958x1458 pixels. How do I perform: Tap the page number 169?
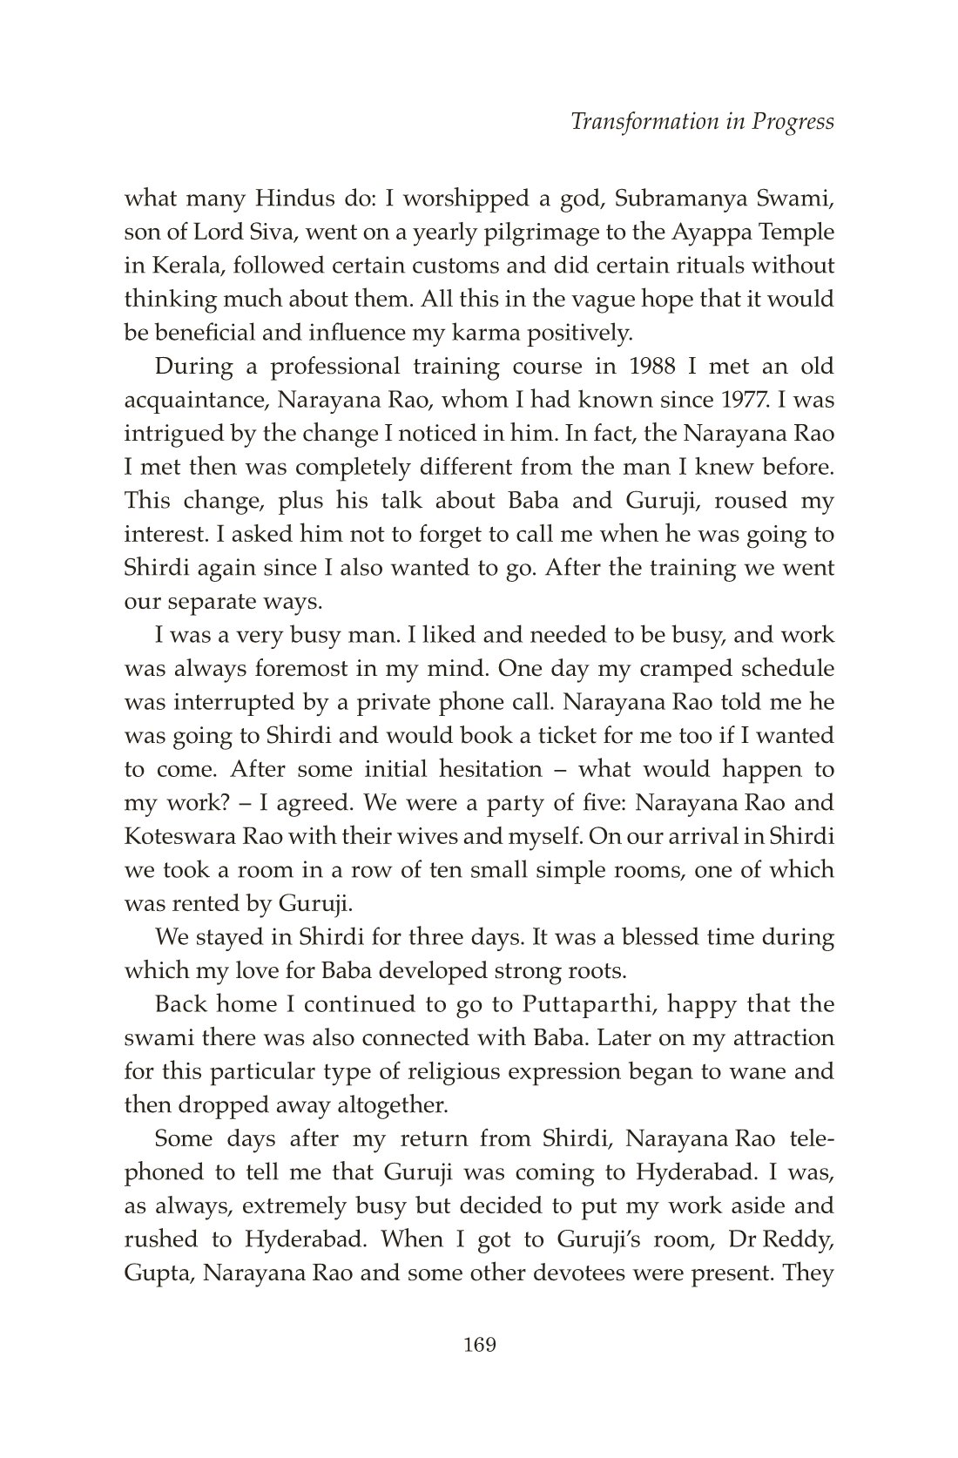point(479,1345)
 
